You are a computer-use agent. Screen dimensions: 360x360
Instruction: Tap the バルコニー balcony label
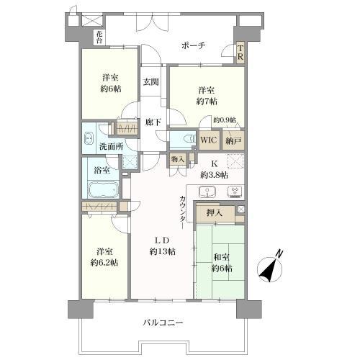click(x=161, y=323)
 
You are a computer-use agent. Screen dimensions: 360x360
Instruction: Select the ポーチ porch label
click(x=194, y=45)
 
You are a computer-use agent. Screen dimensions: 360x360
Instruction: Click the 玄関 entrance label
click(x=150, y=83)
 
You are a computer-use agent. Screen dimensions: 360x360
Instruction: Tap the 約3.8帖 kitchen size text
click(x=214, y=175)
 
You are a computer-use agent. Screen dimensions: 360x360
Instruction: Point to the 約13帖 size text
click(x=161, y=251)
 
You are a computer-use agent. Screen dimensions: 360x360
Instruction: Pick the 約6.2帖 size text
click(x=104, y=261)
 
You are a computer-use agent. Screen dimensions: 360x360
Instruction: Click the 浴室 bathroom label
click(x=102, y=170)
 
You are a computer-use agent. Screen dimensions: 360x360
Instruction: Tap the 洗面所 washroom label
click(x=111, y=147)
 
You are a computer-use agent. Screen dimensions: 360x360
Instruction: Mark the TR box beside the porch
click(x=240, y=53)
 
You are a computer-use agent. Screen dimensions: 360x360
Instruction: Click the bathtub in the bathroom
click(x=102, y=191)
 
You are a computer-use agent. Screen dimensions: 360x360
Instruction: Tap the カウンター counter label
click(x=183, y=208)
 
